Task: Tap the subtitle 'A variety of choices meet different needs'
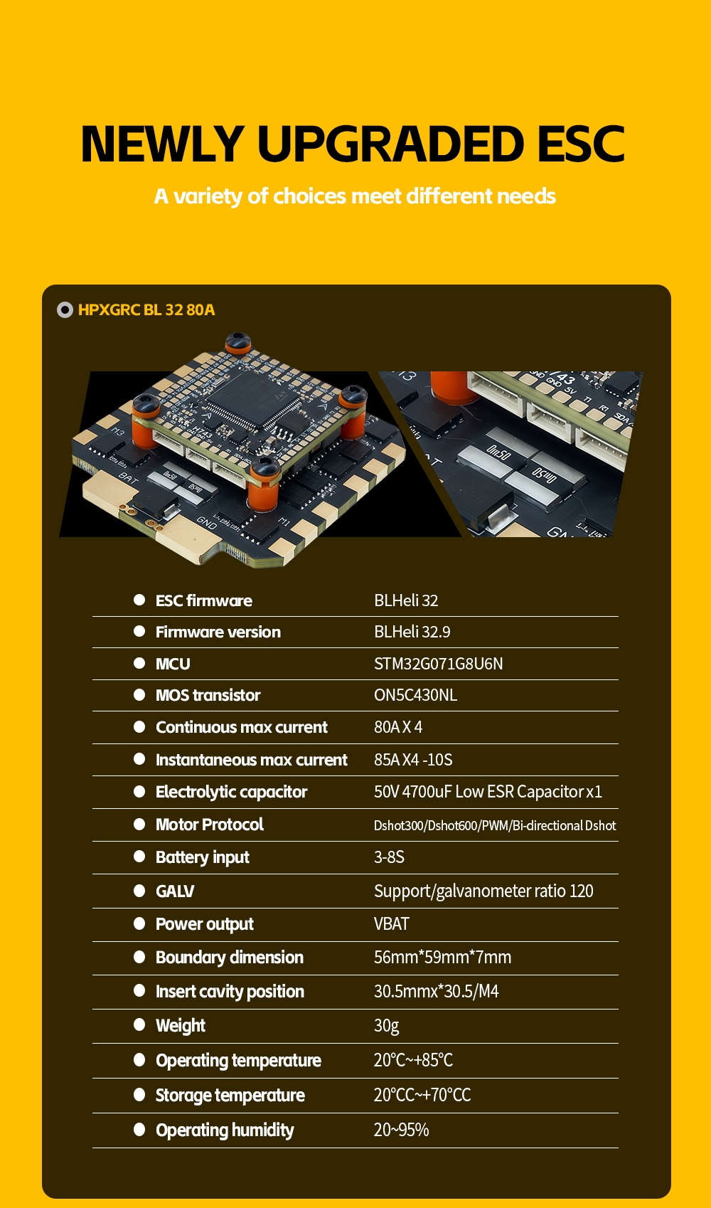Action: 355,196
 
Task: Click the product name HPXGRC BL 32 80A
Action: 146,310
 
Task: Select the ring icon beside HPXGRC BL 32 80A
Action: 65,310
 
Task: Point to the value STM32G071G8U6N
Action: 438,664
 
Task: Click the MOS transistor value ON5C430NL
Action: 416,695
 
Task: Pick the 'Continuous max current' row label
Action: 242,727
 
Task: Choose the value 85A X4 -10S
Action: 413,760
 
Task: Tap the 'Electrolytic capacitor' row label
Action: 231,792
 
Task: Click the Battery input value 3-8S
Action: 389,857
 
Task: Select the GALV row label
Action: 175,891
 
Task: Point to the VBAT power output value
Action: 391,924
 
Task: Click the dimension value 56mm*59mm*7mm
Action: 442,958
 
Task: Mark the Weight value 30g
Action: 387,1026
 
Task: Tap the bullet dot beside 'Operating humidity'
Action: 139,1129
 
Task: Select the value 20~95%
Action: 402,1130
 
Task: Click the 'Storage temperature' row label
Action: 230,1096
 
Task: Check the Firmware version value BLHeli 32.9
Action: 412,632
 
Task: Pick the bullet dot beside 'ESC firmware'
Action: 139,600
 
